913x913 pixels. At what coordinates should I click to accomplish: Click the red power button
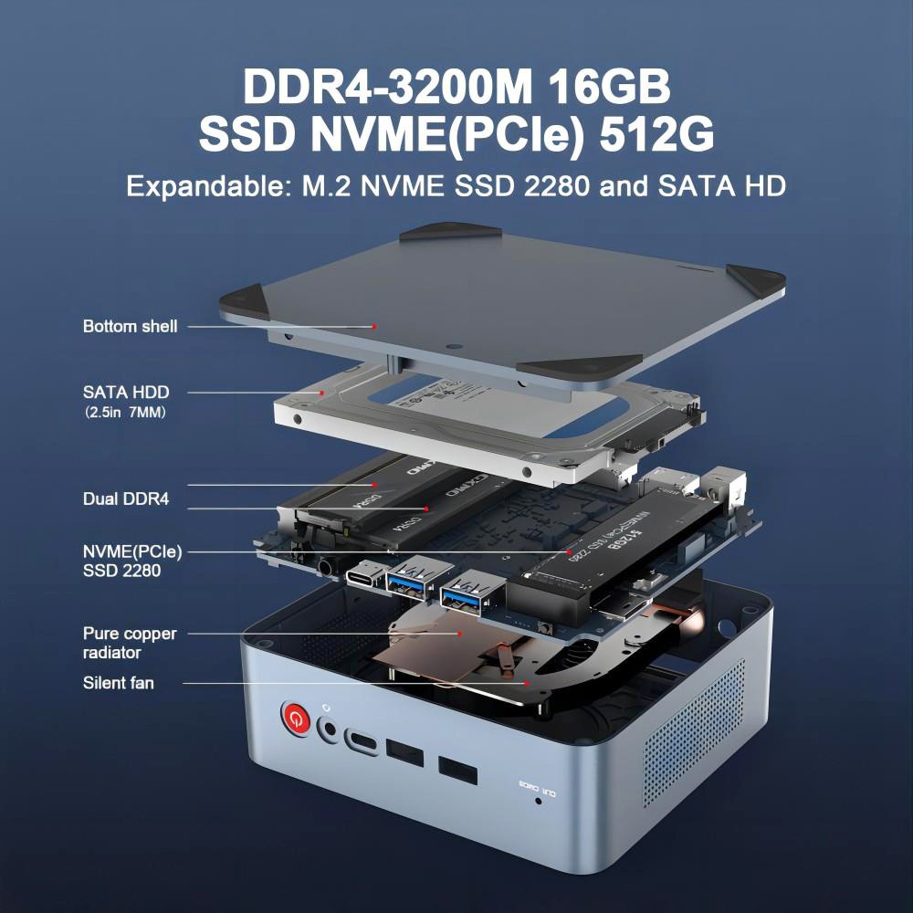(294, 719)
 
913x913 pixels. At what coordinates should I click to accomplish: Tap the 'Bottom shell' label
(130, 326)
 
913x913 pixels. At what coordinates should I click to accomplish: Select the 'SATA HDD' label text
(126, 392)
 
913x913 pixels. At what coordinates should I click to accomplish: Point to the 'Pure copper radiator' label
(130, 643)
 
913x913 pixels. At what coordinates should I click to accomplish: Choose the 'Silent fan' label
(119, 682)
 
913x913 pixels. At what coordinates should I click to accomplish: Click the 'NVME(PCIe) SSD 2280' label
(132, 561)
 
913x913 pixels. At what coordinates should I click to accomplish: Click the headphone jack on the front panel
(329, 729)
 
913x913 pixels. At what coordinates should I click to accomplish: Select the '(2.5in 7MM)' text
(125, 413)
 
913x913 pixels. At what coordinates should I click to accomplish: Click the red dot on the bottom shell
(374, 326)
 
